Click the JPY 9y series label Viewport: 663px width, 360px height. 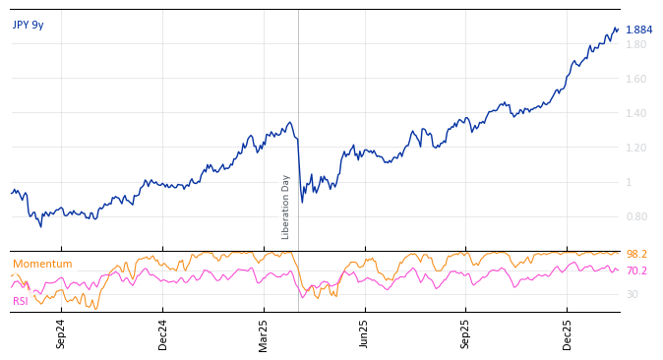coord(28,25)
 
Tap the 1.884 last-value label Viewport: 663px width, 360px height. coord(638,30)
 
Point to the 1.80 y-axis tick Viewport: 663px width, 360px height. coord(636,44)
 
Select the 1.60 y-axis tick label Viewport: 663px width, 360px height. coord(636,79)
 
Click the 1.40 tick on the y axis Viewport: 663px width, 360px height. coord(636,113)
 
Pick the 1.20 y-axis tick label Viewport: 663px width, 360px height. coord(636,148)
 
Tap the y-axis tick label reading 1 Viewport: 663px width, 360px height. coord(630,182)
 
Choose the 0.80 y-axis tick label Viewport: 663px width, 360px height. coord(636,216)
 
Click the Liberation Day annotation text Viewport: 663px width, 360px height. coord(286,207)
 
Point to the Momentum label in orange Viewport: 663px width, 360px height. coord(42,264)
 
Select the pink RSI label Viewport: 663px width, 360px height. coord(21,301)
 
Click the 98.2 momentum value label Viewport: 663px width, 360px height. coord(636,254)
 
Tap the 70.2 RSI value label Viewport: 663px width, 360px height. coord(636,270)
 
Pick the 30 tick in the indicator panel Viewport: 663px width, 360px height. coord(633,294)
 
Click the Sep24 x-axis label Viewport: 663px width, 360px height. coord(61,333)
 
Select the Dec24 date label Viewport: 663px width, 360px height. coord(163,333)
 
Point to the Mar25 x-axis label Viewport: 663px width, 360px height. coord(264,333)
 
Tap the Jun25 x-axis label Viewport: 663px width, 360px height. coord(365,333)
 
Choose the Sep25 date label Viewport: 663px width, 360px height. coord(466,333)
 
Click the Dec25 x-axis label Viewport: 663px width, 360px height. coord(568,333)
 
